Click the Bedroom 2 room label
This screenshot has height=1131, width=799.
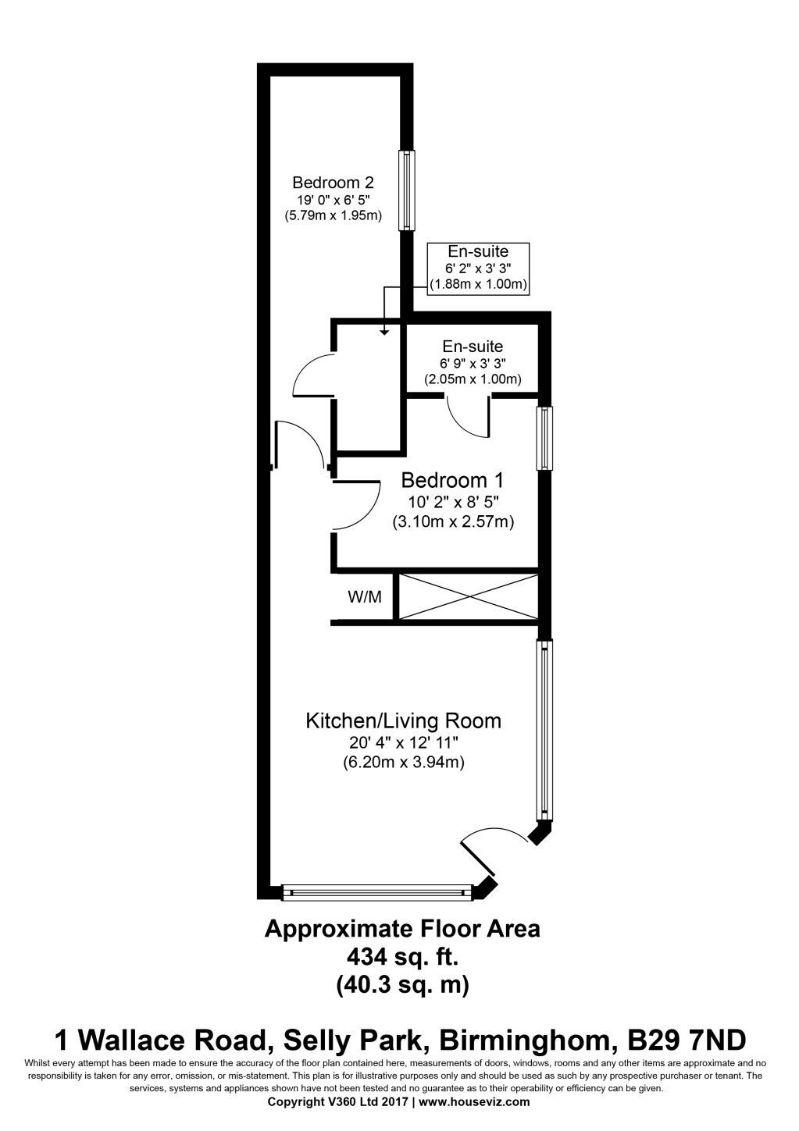pyautogui.click(x=333, y=182)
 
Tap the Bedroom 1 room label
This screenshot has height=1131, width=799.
pyautogui.click(x=452, y=480)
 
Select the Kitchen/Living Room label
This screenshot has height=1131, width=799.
pyautogui.click(x=403, y=721)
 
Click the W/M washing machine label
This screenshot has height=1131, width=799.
pyautogui.click(x=365, y=597)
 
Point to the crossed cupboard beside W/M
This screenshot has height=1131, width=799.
pyautogui.click(x=468, y=596)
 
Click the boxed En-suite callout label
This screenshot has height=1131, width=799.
pyautogui.click(x=478, y=268)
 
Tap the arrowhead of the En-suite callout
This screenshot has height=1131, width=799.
pyautogui.click(x=384, y=332)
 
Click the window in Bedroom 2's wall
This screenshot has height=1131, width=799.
pyautogui.click(x=407, y=190)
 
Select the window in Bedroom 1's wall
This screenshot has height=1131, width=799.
pyautogui.click(x=544, y=438)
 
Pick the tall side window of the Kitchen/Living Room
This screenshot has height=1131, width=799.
pyautogui.click(x=544, y=730)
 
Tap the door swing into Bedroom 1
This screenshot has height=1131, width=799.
pyautogui.click(x=356, y=505)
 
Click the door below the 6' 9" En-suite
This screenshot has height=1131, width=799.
pyautogui.click(x=469, y=416)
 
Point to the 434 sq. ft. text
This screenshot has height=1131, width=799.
pyautogui.click(x=402, y=956)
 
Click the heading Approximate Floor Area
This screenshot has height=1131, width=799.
pyautogui.click(x=402, y=929)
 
